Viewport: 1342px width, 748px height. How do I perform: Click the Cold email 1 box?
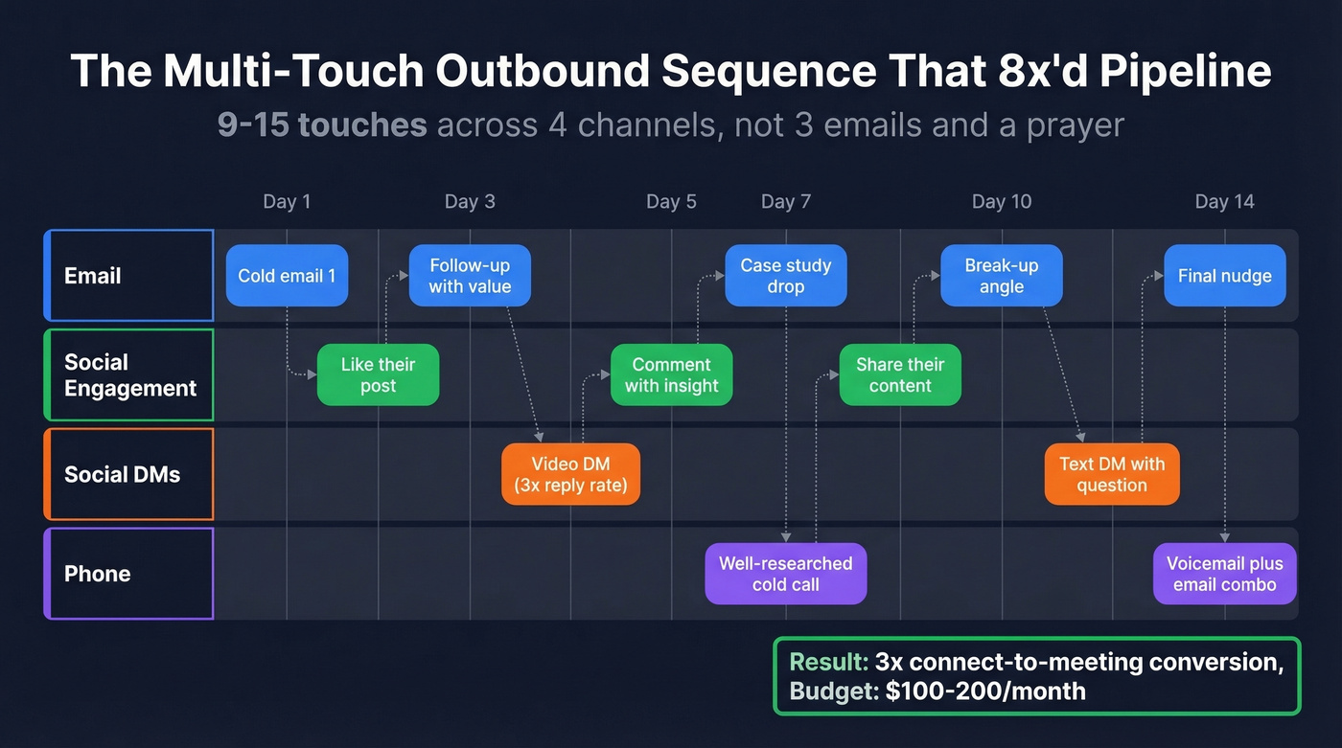point(287,276)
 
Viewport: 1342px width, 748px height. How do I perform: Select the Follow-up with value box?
point(470,276)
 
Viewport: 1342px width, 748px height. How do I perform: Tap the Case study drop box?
point(786,276)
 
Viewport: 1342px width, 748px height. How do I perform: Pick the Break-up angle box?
point(1001,276)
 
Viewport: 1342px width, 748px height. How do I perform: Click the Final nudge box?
point(1224,276)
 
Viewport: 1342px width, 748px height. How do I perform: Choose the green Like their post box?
point(378,374)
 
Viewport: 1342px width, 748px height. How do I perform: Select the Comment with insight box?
point(671,374)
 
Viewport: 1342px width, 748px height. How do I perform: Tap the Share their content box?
point(900,374)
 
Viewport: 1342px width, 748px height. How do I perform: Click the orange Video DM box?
point(570,474)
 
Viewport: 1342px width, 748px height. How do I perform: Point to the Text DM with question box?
point(1111,474)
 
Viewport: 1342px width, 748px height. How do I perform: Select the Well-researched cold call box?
point(785,574)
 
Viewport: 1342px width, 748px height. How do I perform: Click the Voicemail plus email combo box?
point(1224,574)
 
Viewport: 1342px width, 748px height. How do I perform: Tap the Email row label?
point(128,276)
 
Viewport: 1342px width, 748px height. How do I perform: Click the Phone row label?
point(128,574)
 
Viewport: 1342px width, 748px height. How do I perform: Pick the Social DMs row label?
point(128,474)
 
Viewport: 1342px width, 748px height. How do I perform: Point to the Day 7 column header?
point(785,202)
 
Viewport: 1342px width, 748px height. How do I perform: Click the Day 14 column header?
point(1224,202)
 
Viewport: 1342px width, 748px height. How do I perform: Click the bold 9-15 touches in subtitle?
point(322,125)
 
